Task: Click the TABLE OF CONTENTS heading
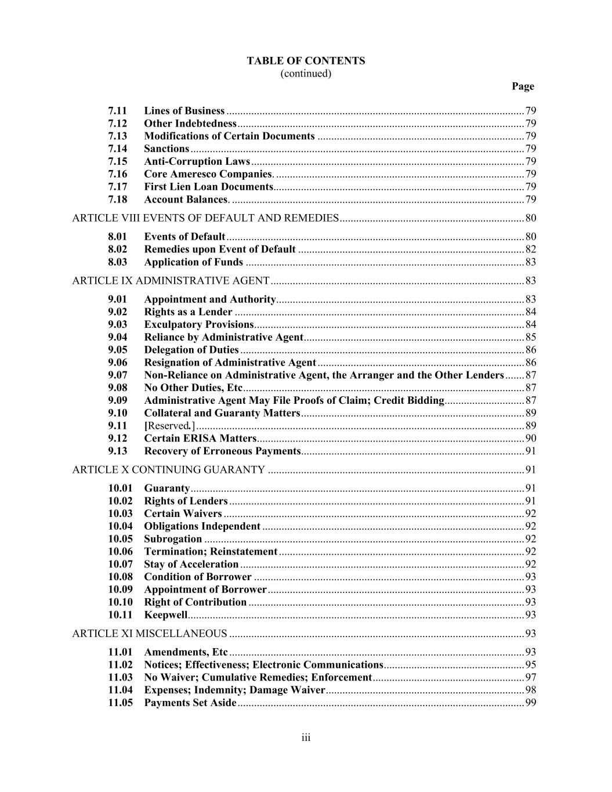point(306,61)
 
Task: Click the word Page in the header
point(523,86)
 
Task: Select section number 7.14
point(117,149)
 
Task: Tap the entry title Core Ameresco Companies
point(208,174)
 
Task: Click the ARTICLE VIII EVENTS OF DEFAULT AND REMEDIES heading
point(205,218)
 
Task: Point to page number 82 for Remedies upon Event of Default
point(530,249)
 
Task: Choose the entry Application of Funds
point(193,262)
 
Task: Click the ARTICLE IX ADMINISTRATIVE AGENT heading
point(171,281)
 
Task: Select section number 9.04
point(117,337)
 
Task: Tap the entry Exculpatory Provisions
point(199,324)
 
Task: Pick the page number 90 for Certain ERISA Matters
point(530,439)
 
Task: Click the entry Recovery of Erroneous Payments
point(222,451)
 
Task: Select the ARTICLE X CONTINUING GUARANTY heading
point(168,470)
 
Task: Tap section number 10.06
point(120,552)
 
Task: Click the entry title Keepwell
point(165,615)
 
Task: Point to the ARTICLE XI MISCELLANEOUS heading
point(149,634)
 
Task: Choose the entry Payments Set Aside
point(190,703)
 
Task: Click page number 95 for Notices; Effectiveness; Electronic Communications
point(530,665)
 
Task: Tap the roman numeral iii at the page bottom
point(306,738)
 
